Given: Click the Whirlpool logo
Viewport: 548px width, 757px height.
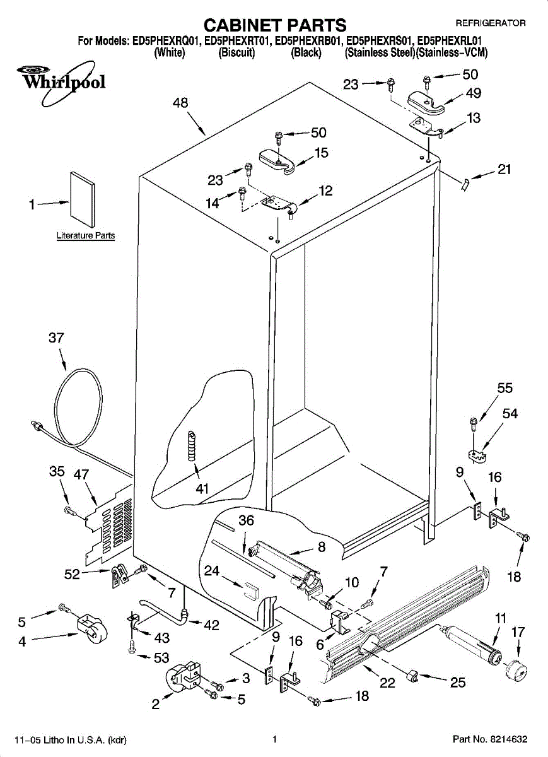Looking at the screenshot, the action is coord(61,81).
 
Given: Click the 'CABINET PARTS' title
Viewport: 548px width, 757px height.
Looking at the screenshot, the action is coord(276,25).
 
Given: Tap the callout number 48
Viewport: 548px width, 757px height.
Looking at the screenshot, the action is coord(180,103).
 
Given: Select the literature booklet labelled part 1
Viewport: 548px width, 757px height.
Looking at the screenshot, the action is coord(83,199).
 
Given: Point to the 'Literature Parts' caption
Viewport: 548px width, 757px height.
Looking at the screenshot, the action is coord(86,235).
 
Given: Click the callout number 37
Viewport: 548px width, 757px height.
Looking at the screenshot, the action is coord(56,337).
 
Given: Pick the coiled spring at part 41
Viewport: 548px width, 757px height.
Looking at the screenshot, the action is coord(192,446).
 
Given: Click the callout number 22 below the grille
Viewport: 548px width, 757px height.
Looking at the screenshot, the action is coord(387,683).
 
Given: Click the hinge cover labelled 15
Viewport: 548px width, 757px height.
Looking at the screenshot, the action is coord(277,162).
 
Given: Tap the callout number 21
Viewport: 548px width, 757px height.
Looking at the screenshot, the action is coord(504,169).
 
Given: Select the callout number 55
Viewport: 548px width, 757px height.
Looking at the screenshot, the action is coord(504,388).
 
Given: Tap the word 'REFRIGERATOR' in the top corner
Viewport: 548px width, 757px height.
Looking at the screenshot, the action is coord(491,23).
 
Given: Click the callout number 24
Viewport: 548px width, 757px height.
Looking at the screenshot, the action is coord(212,571).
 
